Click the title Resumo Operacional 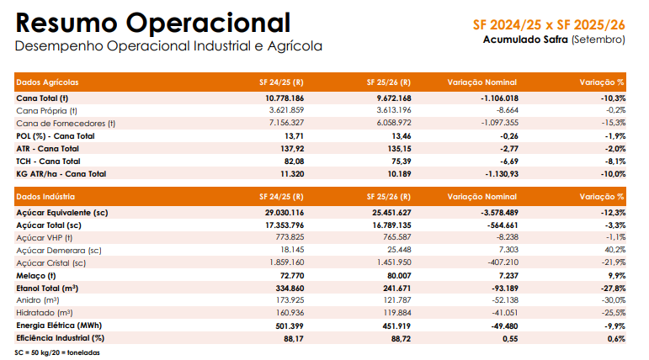tap(153, 22)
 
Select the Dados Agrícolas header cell tap(48, 82)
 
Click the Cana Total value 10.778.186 tap(285, 98)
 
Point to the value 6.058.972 tap(391, 123)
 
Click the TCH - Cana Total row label tap(48, 161)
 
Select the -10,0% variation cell tap(609, 173)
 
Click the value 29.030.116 tap(285, 213)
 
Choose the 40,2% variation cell tap(614, 251)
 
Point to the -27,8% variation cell tap(609, 288)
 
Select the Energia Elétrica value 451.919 tap(393, 326)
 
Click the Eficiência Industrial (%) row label tap(60, 338)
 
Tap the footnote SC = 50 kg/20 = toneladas tap(57, 352)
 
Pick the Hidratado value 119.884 tap(393, 313)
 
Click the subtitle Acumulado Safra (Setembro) tap(554, 40)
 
